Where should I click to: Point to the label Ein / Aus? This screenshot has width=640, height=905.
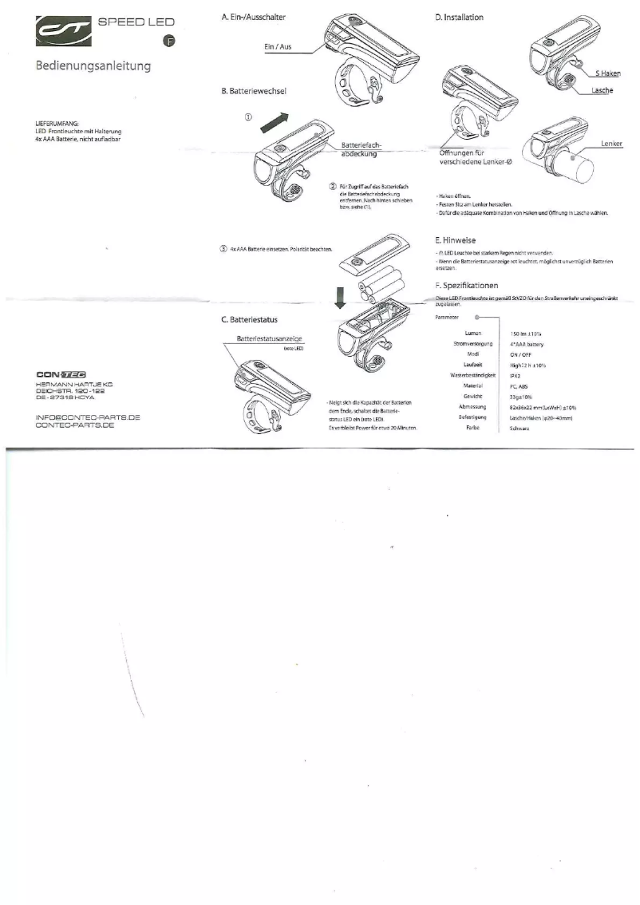point(278,46)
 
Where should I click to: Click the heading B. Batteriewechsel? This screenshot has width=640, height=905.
point(253,91)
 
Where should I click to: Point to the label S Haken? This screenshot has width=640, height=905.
point(607,73)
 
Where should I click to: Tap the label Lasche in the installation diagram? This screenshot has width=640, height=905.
point(602,90)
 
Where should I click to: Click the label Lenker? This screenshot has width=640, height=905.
point(610,144)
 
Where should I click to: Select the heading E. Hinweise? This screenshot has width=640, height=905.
point(455,239)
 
